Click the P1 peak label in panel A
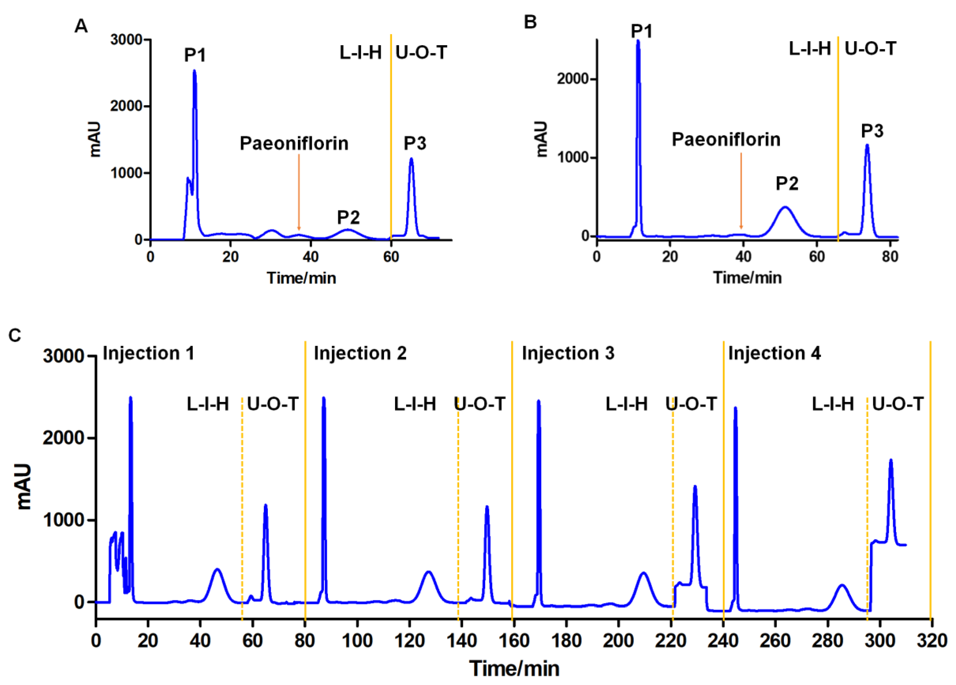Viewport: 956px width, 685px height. (195, 55)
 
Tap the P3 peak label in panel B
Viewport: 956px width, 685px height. (872, 131)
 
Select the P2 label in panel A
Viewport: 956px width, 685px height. (348, 217)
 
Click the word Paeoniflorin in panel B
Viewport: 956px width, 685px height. (726, 139)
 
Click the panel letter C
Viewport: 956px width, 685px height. (15, 335)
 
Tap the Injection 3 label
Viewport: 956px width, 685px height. (568, 353)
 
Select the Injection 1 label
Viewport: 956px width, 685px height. (148, 353)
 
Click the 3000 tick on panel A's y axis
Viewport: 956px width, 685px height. (127, 40)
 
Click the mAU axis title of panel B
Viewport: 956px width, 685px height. (541, 139)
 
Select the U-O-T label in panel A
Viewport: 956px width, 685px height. (421, 53)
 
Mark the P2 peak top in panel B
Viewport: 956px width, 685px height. (785, 207)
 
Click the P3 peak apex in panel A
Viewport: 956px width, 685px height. (411, 159)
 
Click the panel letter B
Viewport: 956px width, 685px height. (530, 22)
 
